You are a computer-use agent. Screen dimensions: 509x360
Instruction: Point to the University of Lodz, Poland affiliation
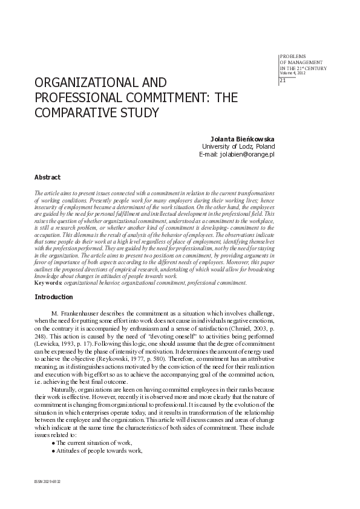click(x=238, y=147)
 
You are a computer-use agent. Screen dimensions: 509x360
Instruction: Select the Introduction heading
click(x=54, y=297)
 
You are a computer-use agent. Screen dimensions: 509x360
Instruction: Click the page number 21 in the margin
click(x=283, y=82)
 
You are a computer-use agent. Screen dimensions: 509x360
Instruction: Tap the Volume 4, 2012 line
click(x=293, y=73)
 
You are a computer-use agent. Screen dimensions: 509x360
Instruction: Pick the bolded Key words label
click(x=49, y=282)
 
